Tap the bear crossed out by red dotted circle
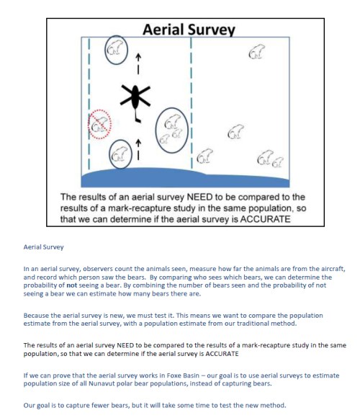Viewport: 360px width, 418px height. (99, 125)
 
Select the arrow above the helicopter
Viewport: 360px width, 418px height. (138, 63)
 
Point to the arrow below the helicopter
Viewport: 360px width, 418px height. (138, 150)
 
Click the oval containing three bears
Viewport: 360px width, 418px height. (156, 130)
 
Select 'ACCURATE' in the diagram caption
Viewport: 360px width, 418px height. (265, 219)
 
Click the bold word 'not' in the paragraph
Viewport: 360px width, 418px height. (71, 285)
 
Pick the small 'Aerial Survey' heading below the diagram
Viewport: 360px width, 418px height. (43, 247)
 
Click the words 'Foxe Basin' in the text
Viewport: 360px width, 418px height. (183, 375)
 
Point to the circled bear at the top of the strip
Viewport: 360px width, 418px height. (114, 48)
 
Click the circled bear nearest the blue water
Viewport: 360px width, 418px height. (120, 154)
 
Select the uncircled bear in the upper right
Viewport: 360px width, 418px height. (257, 51)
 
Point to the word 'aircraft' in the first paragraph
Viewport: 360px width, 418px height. (333, 269)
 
